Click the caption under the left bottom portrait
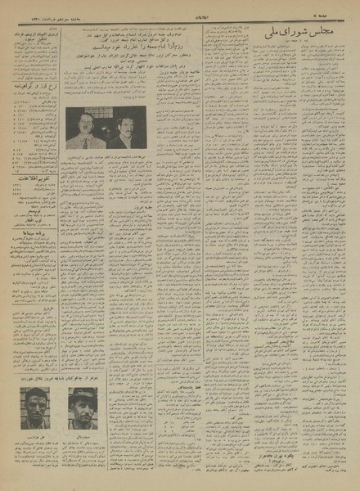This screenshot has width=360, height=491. click(33, 437)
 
